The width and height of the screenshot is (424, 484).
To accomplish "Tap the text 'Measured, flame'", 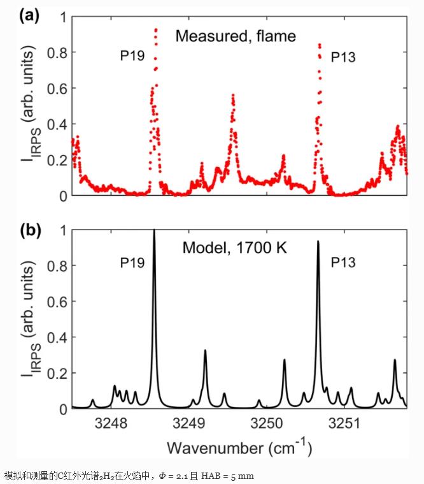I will click(236, 36).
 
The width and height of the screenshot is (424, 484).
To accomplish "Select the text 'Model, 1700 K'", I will click(235, 247).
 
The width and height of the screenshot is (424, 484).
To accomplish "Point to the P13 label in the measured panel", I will click(343, 57).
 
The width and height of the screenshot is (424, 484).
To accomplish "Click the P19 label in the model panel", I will click(131, 262).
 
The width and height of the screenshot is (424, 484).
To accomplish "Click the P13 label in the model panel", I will click(343, 262).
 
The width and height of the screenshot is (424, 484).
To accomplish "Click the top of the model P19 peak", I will click(154, 231).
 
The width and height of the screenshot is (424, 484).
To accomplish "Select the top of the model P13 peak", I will click(318, 242).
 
